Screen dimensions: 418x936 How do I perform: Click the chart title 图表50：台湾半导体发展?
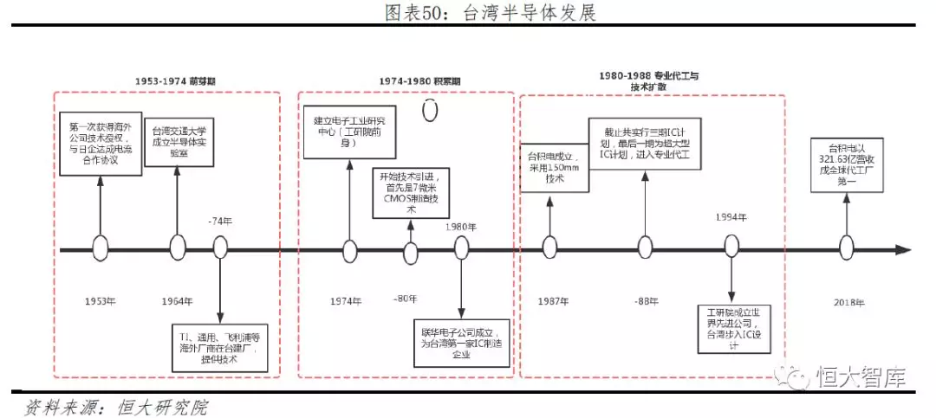coord(467,12)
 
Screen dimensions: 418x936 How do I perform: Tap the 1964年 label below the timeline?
coord(178,300)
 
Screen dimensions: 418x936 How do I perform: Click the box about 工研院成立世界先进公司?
coord(733,327)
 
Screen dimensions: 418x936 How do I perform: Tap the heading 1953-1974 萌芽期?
coord(175,80)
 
